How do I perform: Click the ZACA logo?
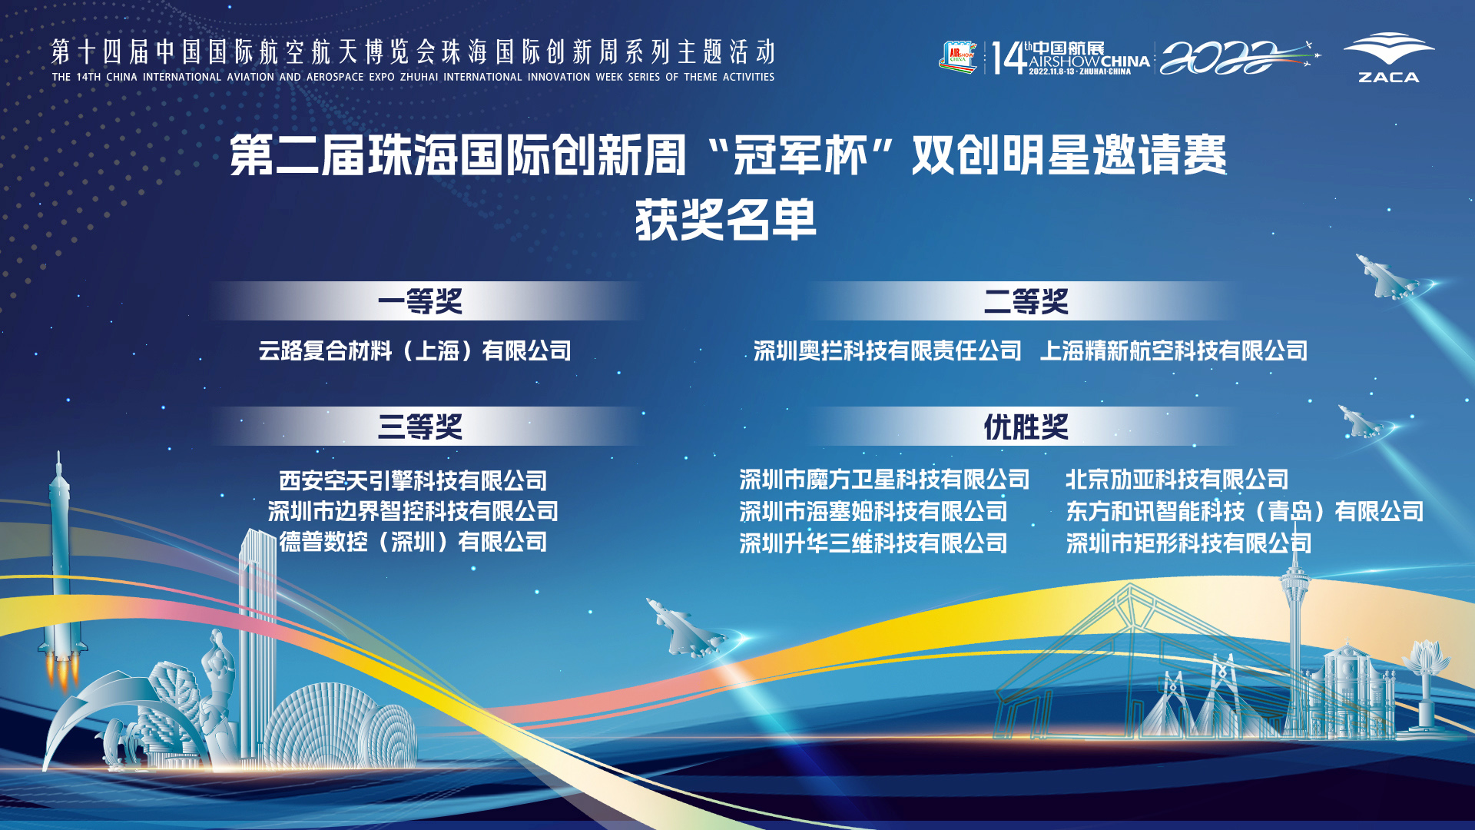point(1388,58)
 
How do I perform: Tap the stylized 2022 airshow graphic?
point(1238,58)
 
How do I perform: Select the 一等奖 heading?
point(420,301)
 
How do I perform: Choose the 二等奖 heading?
point(1026,301)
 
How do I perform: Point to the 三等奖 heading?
point(420,427)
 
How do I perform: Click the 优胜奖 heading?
point(1026,427)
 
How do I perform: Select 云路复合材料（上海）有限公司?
point(415,351)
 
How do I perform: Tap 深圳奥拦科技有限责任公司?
point(887,351)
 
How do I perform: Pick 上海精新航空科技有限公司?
point(1174,351)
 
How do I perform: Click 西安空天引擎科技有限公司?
point(413,481)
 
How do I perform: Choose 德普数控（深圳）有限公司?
point(413,542)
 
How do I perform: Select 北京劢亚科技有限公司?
point(1177,480)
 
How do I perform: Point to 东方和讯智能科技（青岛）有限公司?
point(1245,511)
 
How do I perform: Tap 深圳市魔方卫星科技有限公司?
point(884,480)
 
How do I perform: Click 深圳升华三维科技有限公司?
point(873,543)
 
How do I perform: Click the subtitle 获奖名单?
point(726,220)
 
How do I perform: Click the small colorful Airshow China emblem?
point(958,58)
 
